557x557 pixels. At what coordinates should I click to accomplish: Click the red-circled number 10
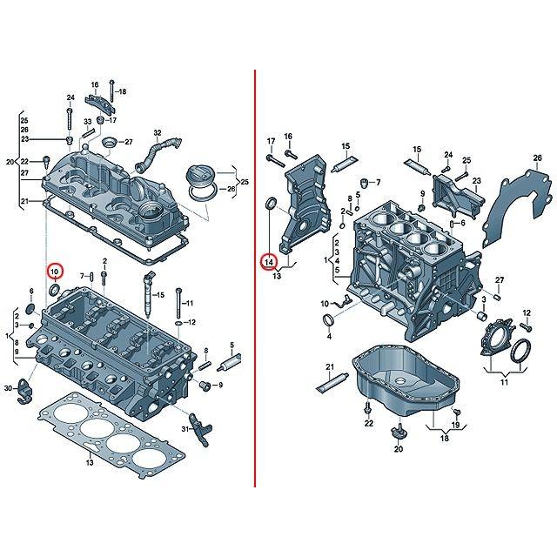[x=56, y=271]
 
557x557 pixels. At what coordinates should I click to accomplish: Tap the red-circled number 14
[x=269, y=260]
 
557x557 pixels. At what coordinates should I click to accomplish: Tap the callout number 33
[x=88, y=121]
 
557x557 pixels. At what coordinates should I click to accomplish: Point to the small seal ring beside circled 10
[x=55, y=289]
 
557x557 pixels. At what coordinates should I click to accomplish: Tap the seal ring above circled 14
[x=270, y=205]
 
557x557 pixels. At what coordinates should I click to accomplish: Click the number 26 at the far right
[x=525, y=157]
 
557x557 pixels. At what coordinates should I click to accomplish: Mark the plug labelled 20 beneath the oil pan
[x=399, y=433]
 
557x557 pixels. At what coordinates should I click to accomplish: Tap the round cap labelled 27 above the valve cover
[x=109, y=142]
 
